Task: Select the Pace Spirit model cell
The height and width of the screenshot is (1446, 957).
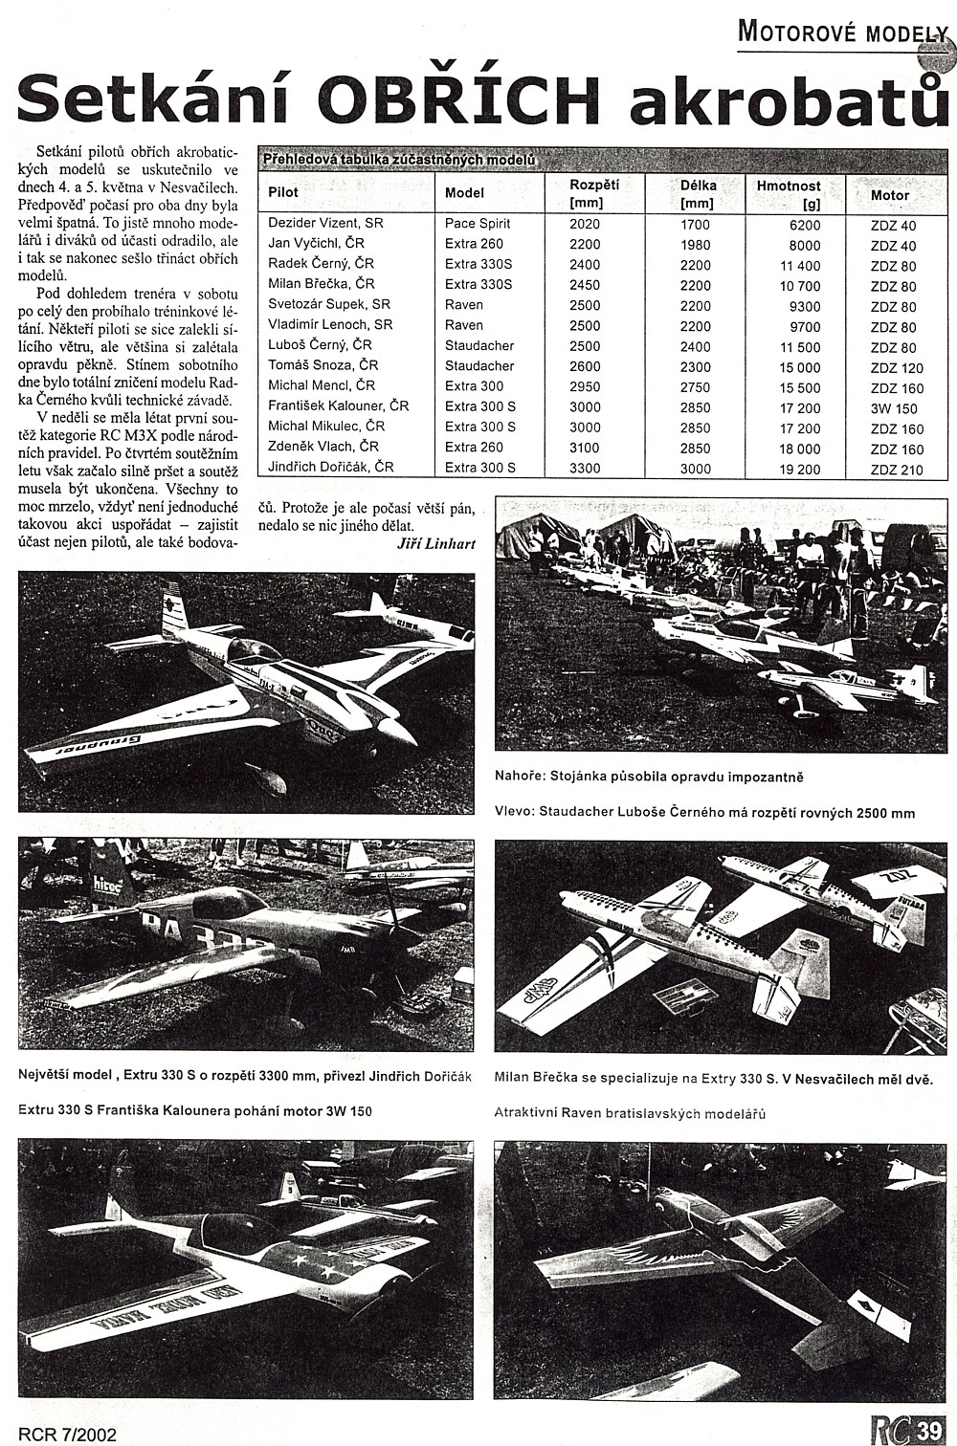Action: point(478,223)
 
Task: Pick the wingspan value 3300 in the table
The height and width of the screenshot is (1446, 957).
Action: point(585,468)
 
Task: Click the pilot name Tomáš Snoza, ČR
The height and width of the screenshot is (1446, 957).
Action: point(323,365)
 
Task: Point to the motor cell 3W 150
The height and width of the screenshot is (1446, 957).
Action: point(894,408)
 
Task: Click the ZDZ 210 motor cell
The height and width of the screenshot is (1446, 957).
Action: point(897,469)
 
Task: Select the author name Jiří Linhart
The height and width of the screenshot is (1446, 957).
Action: point(435,543)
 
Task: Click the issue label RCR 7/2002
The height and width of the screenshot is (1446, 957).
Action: point(67,1435)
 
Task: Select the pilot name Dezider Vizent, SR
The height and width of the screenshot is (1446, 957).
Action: point(325,223)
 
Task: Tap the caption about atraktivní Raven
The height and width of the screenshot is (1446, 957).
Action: point(630,1113)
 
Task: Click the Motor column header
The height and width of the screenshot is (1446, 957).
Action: point(890,195)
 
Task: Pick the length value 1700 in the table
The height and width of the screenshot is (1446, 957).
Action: point(696,224)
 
